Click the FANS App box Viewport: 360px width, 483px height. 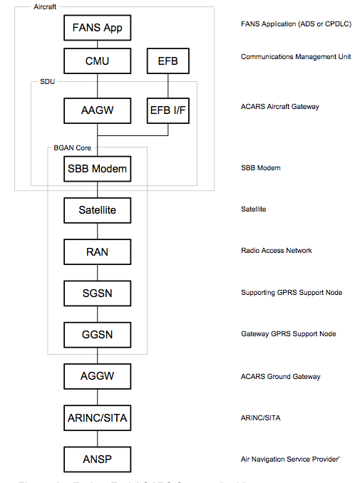tap(97, 29)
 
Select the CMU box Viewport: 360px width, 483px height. tap(97, 61)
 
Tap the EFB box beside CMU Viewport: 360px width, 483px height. tap(168, 61)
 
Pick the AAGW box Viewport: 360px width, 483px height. tap(97, 110)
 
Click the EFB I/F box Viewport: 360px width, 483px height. tap(168, 110)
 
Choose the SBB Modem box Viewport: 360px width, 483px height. tap(97, 169)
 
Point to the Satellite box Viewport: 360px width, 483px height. tap(97, 210)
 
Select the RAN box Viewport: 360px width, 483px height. tap(97, 251)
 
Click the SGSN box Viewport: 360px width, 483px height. tap(97, 293)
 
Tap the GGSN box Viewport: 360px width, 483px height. tap(97, 334)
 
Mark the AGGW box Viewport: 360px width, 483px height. tap(97, 375)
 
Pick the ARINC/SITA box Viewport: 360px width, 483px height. tap(97, 417)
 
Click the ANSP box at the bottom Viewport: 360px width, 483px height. tap(97, 458)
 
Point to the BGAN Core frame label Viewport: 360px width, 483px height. tap(73, 147)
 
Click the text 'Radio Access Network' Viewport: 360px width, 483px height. tap(277, 251)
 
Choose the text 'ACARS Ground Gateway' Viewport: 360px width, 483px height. tap(280, 376)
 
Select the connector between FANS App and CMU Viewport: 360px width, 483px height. tap(97, 44)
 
